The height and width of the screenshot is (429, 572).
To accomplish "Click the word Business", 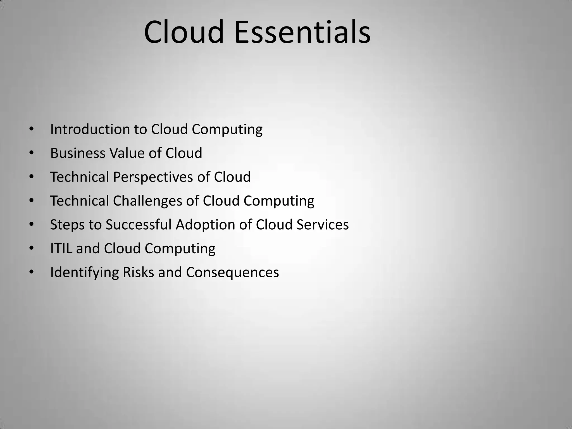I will pos(77,153).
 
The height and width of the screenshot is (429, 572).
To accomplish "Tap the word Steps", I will pos(67,225).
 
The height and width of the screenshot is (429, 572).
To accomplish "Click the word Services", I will pos(323,225).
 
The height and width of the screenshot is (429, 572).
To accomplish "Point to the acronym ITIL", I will pos(61,248).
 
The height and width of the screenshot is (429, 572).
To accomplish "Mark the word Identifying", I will pos(84,272).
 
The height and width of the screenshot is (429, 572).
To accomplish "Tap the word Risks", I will pos(138,272).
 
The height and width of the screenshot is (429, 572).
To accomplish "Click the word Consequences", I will pos(232,272).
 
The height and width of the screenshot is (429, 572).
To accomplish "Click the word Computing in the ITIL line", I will pos(180,249).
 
